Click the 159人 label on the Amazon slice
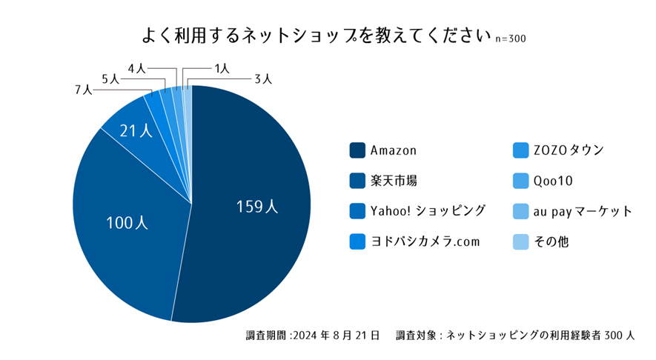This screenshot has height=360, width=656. click(x=257, y=207)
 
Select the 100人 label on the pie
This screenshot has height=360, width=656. click(x=127, y=222)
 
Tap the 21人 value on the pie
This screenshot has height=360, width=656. click(x=136, y=131)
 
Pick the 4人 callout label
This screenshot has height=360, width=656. click(x=136, y=68)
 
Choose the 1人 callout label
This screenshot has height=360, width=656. click(x=221, y=68)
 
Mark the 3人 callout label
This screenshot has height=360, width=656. click(x=263, y=79)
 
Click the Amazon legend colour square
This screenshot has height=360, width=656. click(x=357, y=150)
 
